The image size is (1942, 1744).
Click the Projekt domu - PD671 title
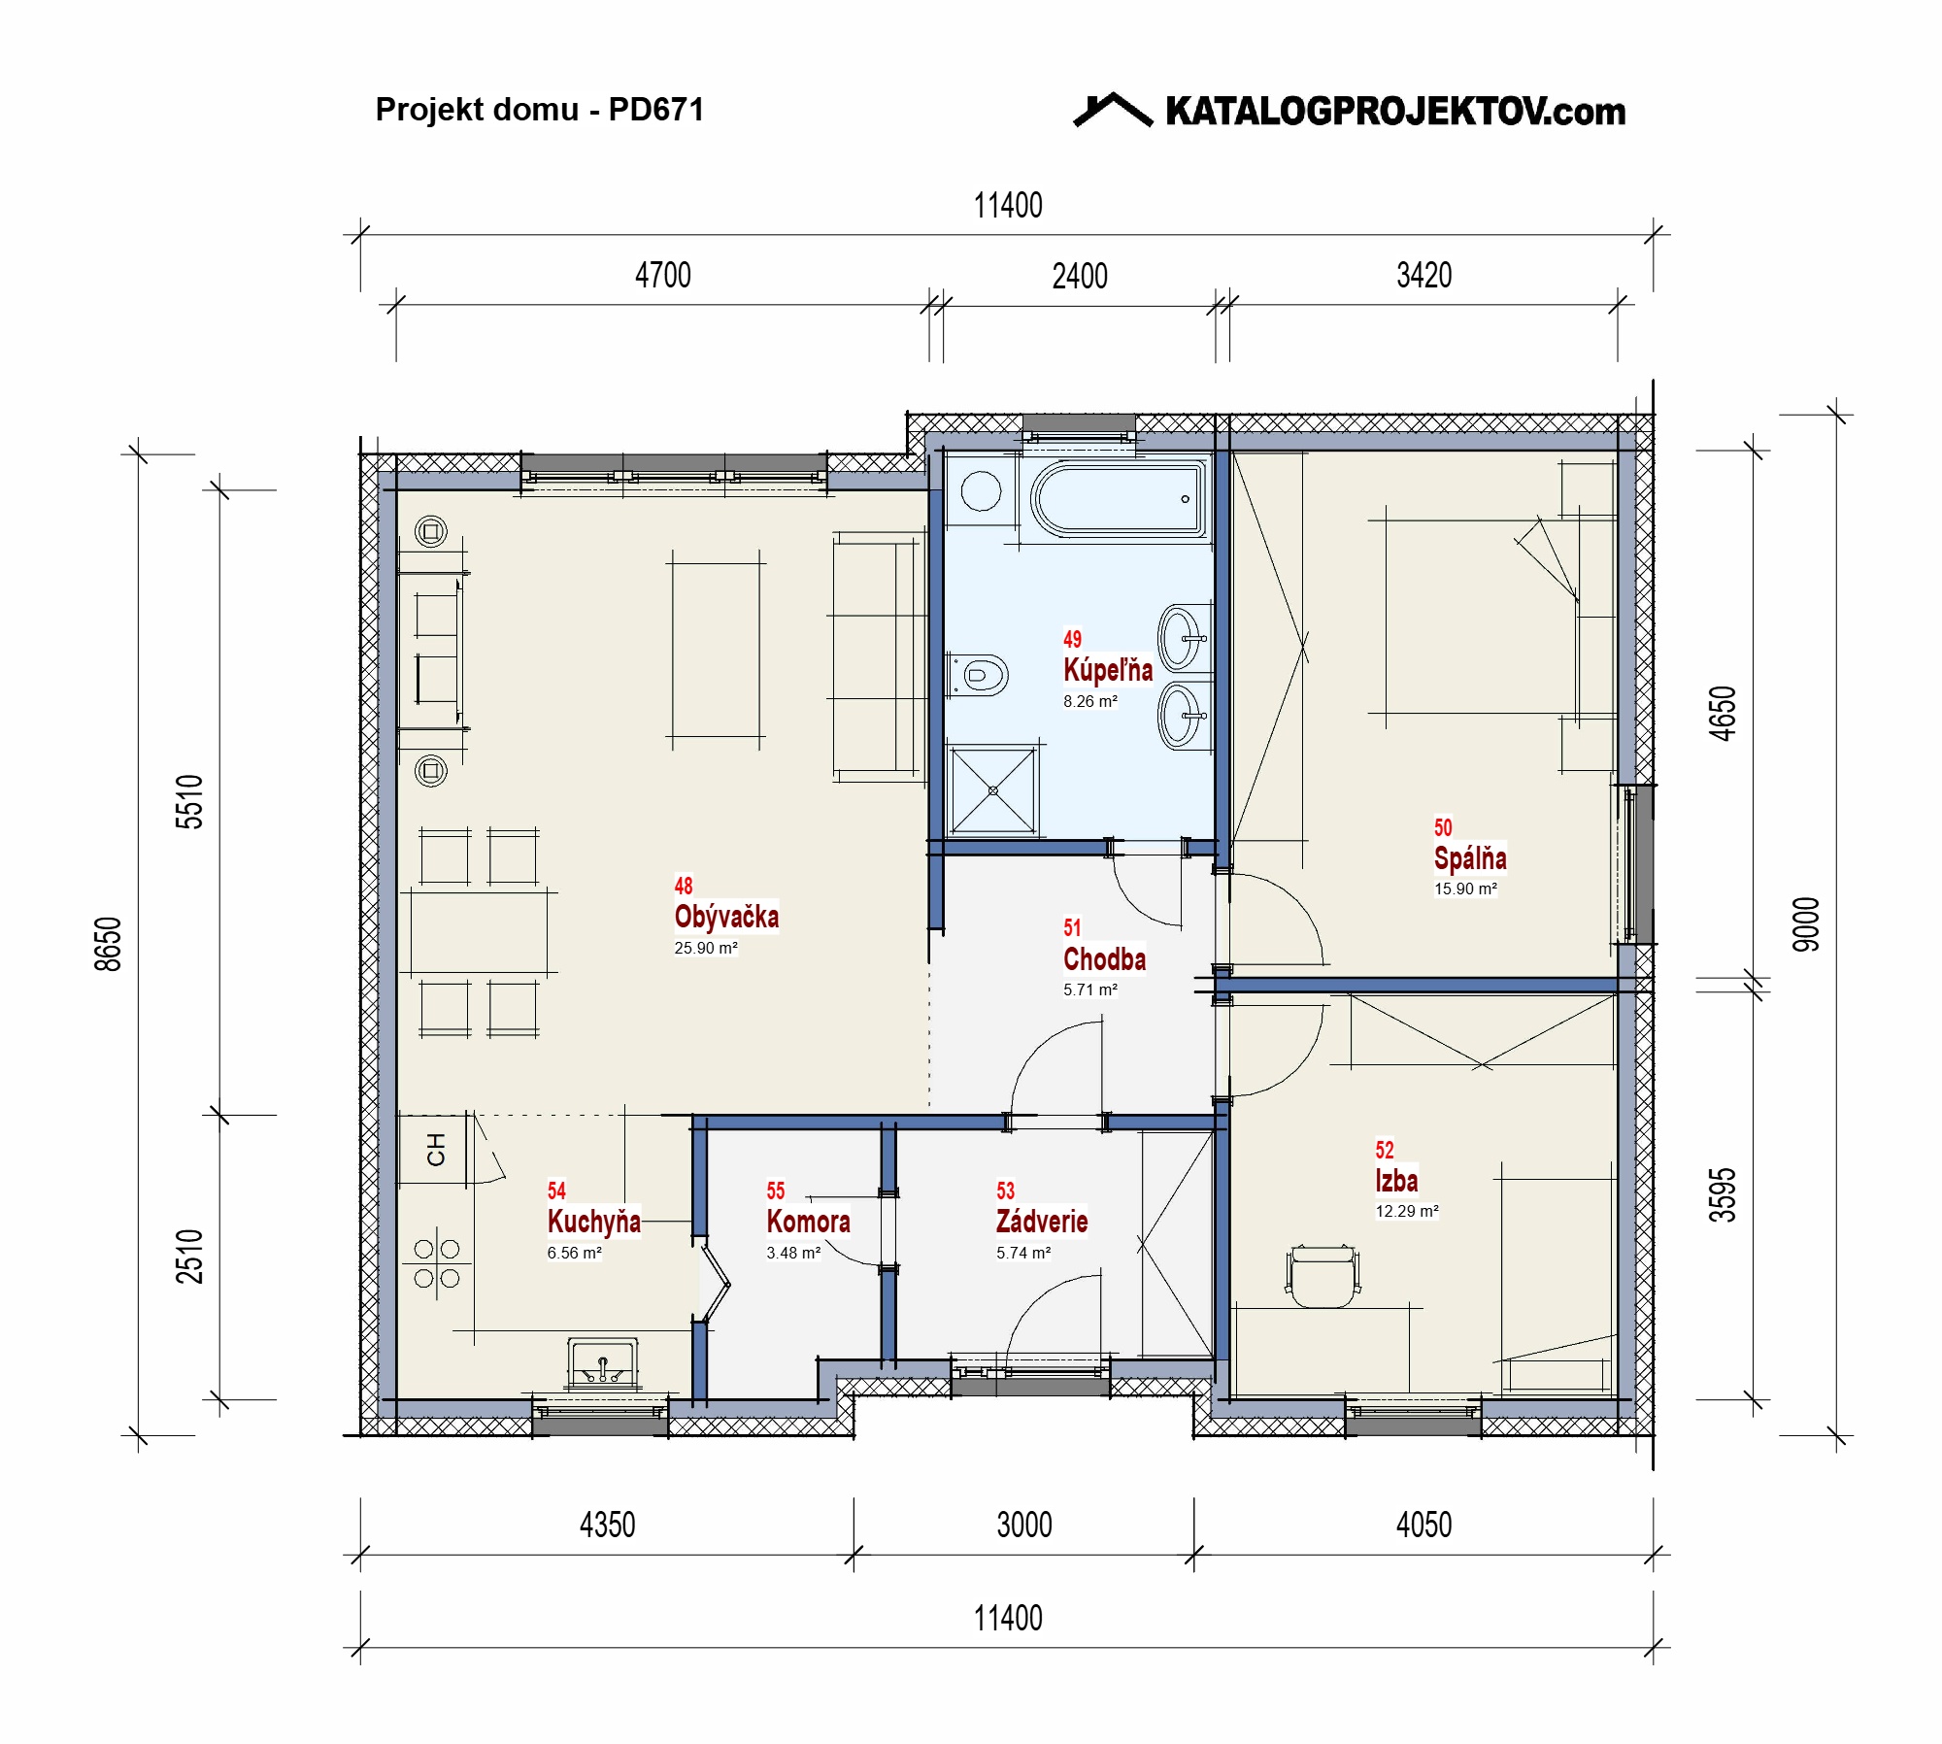pyautogui.click(x=540, y=110)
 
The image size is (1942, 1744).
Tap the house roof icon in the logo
pyautogui.click(x=1113, y=110)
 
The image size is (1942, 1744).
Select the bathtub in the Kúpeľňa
pyautogui.click(x=1118, y=499)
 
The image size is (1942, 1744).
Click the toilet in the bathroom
pyautogui.click(x=979, y=674)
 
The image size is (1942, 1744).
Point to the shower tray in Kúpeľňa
pyautogui.click(x=993, y=790)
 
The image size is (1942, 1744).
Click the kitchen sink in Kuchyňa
pyautogui.click(x=603, y=1363)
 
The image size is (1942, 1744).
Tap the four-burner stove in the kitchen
pyautogui.click(x=437, y=1263)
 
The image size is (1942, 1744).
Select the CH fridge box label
pyautogui.click(x=436, y=1150)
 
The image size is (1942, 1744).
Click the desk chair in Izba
pyautogui.click(x=1323, y=1276)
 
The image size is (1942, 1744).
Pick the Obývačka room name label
pyautogui.click(x=726, y=917)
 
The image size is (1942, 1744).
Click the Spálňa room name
pyautogui.click(x=1470, y=858)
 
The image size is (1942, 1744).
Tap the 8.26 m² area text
pyautogui.click(x=1089, y=701)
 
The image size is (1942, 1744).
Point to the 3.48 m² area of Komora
pyautogui.click(x=793, y=1253)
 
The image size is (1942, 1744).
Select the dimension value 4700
pyautogui.click(x=663, y=276)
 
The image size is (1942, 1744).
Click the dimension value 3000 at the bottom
pyautogui.click(x=1024, y=1526)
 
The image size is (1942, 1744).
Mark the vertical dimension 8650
pyautogui.click(x=108, y=944)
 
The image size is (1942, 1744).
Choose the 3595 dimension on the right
pyautogui.click(x=1723, y=1194)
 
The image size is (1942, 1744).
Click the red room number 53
pyautogui.click(x=1005, y=1191)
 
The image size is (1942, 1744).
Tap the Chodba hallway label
pyautogui.click(x=1104, y=959)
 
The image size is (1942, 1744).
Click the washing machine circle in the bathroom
pyautogui.click(x=981, y=491)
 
